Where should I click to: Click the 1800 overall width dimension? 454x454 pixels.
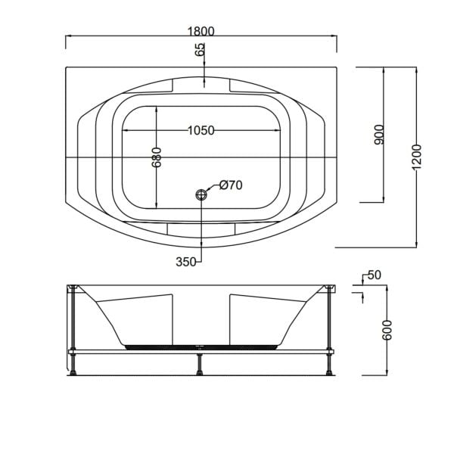[x=201, y=31]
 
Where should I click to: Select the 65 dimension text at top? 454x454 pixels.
[x=201, y=51]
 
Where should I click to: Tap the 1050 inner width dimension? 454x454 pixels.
[x=201, y=130]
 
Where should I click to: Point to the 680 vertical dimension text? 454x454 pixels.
[x=157, y=157]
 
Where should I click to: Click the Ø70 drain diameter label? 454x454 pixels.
[x=231, y=185]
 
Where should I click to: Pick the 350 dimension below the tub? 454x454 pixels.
[x=186, y=262]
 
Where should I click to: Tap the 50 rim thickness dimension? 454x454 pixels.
[x=374, y=275]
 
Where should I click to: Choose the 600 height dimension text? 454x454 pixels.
[x=388, y=330]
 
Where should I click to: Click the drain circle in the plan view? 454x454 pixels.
[x=202, y=194]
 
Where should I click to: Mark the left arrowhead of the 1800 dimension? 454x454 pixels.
[x=69, y=37]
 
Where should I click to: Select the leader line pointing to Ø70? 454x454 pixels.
[x=213, y=188]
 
